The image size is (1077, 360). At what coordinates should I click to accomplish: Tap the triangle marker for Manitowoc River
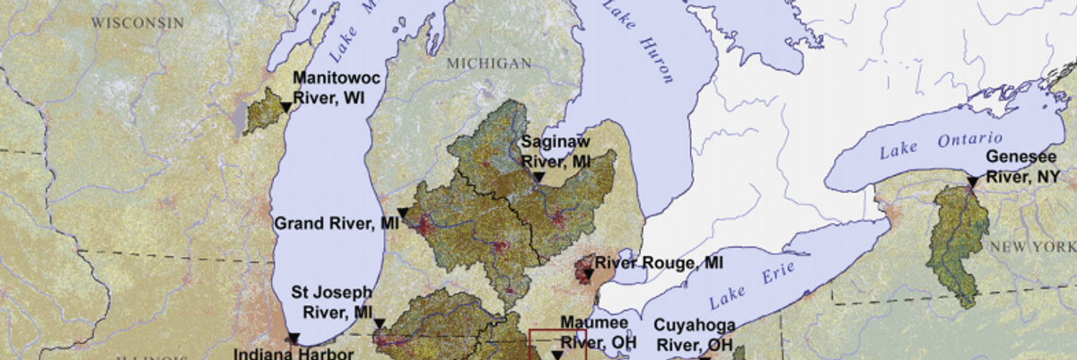(285, 108)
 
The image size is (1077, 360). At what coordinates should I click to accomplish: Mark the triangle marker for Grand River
(404, 213)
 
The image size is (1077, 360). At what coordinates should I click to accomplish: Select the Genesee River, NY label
(1022, 166)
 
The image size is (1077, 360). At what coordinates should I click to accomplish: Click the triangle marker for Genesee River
(972, 183)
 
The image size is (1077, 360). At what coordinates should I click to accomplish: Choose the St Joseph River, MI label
(333, 303)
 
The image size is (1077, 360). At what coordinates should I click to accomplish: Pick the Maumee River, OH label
(594, 331)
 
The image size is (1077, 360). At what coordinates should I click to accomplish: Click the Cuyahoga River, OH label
(694, 334)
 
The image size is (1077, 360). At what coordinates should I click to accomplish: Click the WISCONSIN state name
(136, 22)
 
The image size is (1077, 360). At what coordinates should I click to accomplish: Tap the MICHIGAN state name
(489, 63)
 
